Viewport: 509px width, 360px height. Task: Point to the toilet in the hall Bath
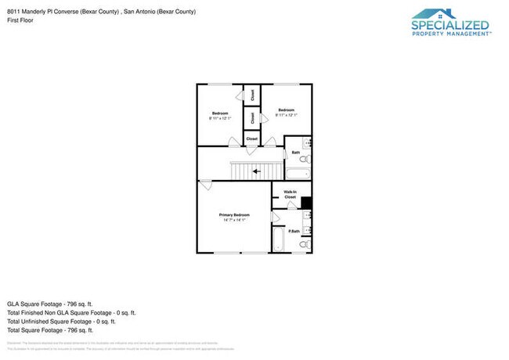[305, 160]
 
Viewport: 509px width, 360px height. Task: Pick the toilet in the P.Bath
[304, 245]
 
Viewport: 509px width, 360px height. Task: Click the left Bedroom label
[220, 114]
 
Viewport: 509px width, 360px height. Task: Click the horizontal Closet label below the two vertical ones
[252, 139]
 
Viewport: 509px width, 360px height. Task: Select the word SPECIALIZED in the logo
[451, 24]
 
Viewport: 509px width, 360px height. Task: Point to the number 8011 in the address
[13, 12]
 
